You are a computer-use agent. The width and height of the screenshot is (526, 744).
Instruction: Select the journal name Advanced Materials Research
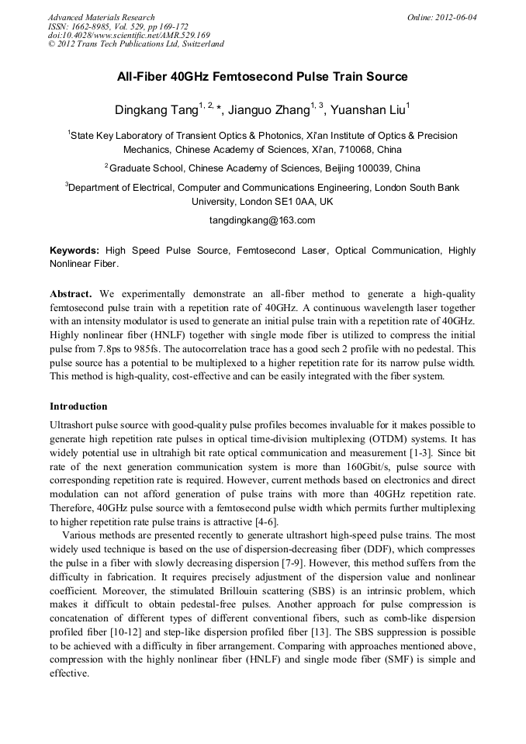coord(101,17)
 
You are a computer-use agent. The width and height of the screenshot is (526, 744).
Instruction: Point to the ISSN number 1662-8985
coord(92,26)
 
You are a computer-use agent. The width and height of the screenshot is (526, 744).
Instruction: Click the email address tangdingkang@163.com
coord(262,220)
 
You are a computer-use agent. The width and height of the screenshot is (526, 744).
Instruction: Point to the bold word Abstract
coord(71,294)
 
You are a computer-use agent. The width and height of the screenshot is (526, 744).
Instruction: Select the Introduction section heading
coord(78,406)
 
